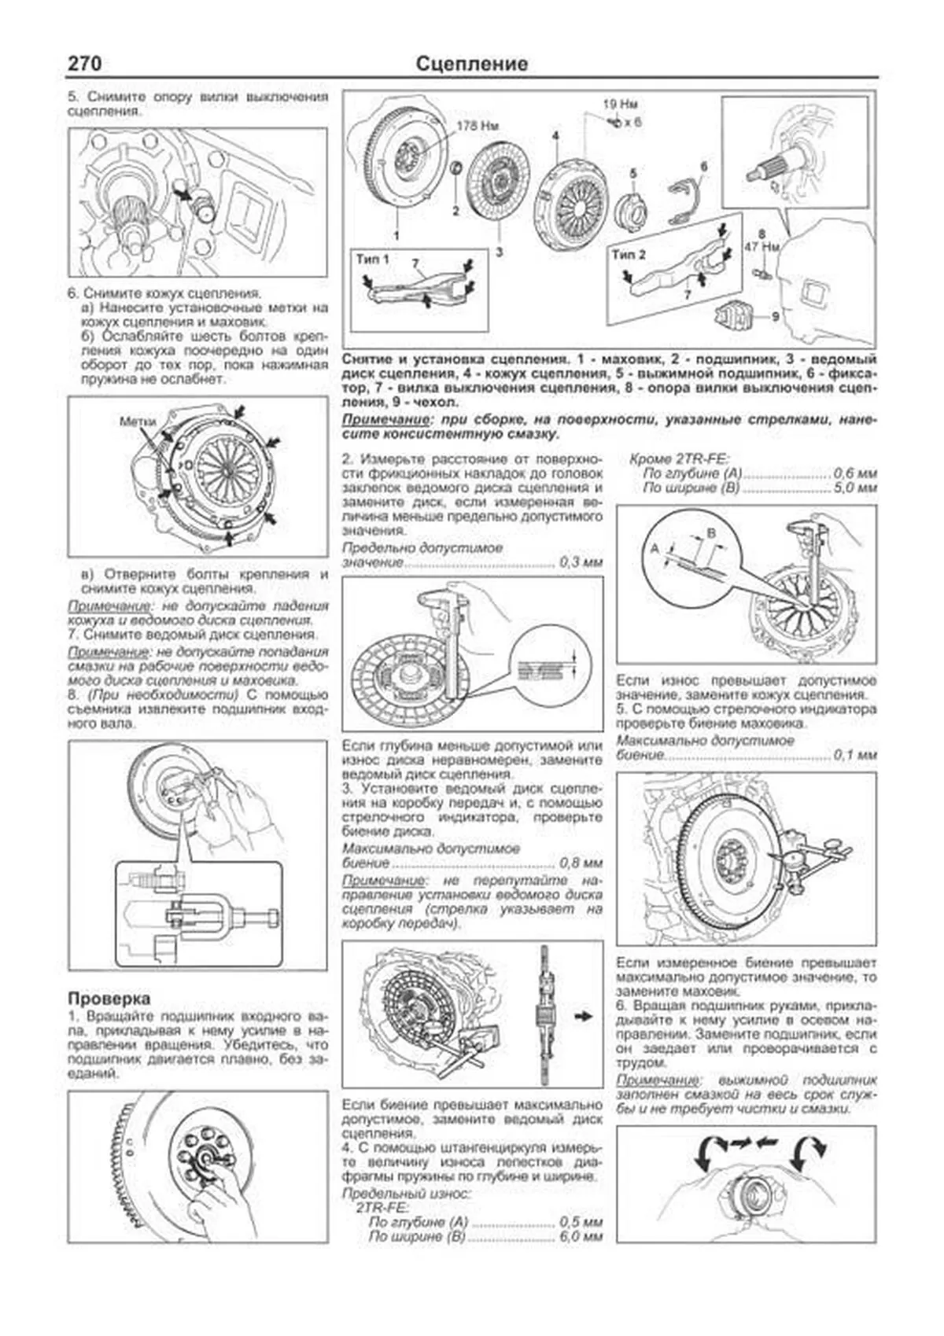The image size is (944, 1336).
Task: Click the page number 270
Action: (84, 64)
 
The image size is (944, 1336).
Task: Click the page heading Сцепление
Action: (471, 64)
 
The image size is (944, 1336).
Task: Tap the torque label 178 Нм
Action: (478, 126)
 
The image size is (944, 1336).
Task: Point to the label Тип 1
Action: (373, 259)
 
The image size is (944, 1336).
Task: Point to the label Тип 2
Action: (629, 255)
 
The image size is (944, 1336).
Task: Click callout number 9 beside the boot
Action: (775, 317)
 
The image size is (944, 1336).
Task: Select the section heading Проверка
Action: (109, 999)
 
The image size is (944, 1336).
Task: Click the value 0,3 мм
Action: (581, 563)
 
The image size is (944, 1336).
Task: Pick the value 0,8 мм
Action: (581, 863)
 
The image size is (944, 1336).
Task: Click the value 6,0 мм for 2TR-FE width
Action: (581, 1237)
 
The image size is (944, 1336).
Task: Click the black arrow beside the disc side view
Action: (583, 1017)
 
